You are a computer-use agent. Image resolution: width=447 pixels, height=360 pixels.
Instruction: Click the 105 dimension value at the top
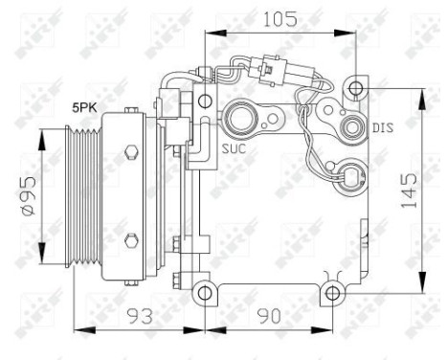(280, 19)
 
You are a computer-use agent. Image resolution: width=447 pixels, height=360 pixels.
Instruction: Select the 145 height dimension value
(409, 191)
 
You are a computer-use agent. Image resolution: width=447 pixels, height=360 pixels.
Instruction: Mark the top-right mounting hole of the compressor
(356, 88)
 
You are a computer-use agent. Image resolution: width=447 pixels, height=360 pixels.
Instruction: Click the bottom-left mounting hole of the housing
(202, 291)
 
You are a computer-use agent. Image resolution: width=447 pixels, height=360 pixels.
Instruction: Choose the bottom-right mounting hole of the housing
(331, 291)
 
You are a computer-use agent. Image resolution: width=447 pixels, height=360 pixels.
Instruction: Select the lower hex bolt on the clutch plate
(131, 238)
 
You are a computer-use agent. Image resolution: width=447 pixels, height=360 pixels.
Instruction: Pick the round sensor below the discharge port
(354, 177)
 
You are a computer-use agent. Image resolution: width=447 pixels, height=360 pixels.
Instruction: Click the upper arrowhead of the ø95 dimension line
(41, 135)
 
